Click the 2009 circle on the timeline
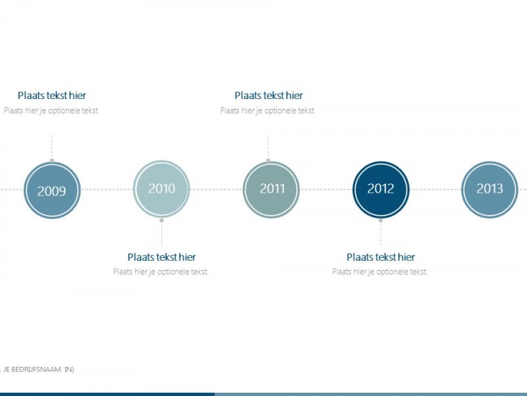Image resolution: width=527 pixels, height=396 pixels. click(x=51, y=190)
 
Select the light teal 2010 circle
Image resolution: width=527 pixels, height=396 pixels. click(x=161, y=189)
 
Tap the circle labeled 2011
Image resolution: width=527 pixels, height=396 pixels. click(x=271, y=189)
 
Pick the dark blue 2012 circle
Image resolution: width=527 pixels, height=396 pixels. click(x=381, y=189)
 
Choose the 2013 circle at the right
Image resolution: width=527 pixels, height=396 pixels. click(x=489, y=189)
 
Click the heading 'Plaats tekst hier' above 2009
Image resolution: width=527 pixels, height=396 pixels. click(x=51, y=96)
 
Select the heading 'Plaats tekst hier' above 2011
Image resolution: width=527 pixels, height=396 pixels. click(x=268, y=96)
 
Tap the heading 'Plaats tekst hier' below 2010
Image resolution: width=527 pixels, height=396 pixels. click(x=161, y=257)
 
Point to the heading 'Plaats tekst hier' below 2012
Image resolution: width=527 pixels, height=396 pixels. click(x=381, y=257)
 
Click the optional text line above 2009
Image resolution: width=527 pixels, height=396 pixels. click(x=51, y=111)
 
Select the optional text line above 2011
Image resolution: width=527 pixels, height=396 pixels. click(x=267, y=111)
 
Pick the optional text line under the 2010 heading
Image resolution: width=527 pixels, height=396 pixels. click(x=160, y=272)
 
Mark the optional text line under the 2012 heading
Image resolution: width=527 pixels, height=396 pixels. click(x=379, y=272)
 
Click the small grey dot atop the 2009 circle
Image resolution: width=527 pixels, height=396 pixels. click(x=52, y=160)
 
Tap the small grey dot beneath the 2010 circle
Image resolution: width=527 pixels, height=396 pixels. click(x=161, y=220)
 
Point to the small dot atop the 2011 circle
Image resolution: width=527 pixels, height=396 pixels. click(x=268, y=160)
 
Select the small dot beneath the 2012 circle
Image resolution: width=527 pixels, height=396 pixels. click(x=380, y=220)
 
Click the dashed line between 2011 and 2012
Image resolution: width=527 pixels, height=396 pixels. click(x=326, y=189)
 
